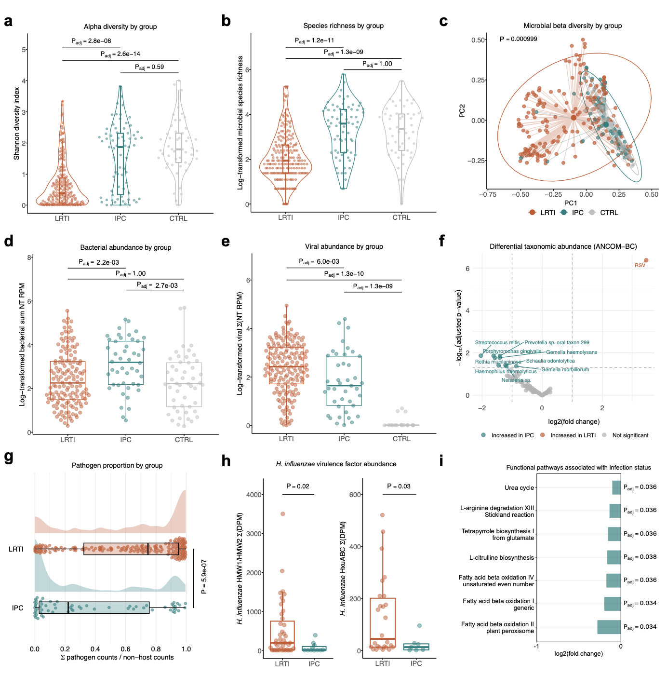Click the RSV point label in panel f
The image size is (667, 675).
pos(640,266)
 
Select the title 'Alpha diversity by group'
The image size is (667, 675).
pos(120,27)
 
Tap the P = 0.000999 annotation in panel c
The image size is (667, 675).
pos(518,39)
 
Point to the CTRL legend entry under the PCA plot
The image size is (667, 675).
pos(609,213)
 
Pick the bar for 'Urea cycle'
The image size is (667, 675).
pos(616,487)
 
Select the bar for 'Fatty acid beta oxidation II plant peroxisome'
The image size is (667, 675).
pos(609,627)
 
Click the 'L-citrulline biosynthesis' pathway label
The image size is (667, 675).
pos(502,558)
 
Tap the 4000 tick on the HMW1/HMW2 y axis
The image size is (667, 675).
pos(254,495)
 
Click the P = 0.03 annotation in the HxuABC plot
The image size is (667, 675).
pos(399,486)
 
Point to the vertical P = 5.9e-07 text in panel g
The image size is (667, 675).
pos(204,577)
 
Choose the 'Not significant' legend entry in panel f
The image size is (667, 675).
pos(630,435)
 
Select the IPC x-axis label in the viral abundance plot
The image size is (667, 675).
pos(344,439)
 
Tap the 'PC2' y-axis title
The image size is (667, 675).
pos(462,110)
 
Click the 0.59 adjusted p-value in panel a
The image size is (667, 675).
pos(149,67)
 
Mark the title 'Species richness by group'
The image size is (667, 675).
pos(343,26)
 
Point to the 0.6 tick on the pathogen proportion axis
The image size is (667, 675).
pos(125,649)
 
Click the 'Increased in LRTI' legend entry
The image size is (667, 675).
pos(573,435)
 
